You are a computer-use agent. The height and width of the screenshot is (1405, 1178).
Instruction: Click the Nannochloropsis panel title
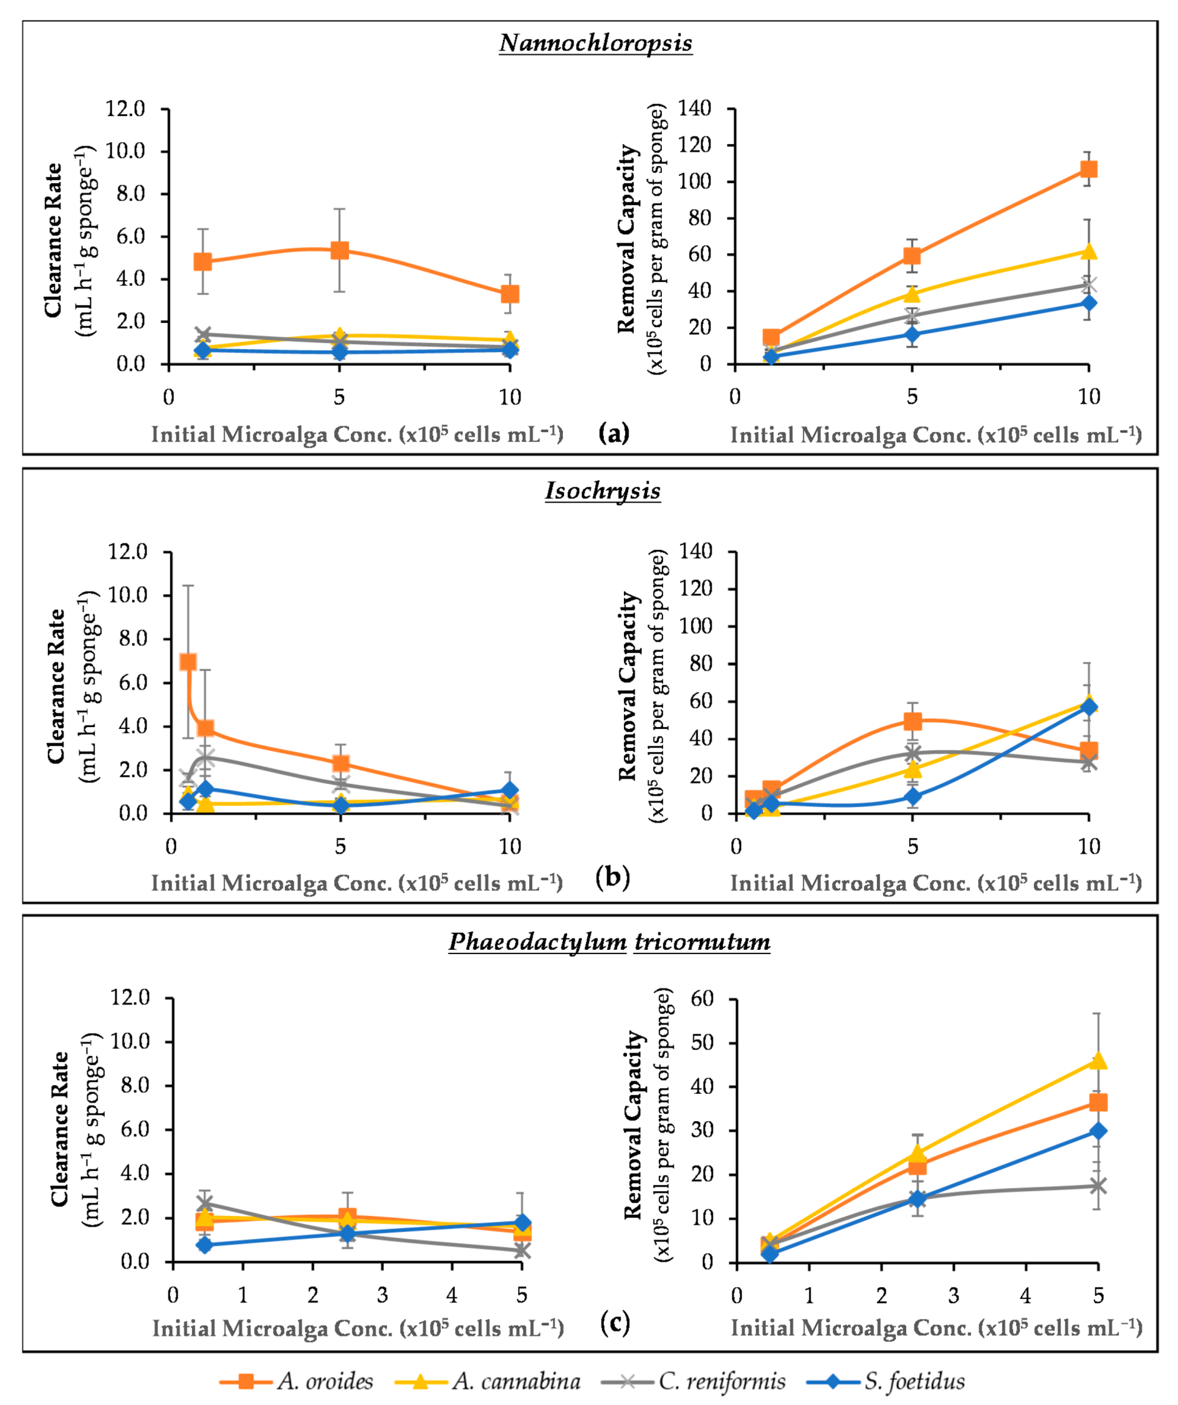[595, 44]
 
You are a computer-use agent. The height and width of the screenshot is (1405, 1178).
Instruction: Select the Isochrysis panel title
[602, 490]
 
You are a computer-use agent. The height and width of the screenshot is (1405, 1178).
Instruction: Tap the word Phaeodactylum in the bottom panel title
[537, 942]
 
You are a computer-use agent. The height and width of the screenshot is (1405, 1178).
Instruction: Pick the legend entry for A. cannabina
[515, 1380]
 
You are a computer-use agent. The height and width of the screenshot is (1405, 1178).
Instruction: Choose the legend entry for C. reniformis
[721, 1380]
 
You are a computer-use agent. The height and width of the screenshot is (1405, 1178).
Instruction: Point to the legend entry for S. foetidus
[914, 1380]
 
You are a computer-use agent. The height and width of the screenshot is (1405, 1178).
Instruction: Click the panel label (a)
[614, 433]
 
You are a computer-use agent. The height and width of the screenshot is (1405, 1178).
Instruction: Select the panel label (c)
[615, 1322]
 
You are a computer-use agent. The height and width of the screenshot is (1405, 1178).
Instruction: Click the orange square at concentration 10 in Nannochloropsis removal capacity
[1088, 169]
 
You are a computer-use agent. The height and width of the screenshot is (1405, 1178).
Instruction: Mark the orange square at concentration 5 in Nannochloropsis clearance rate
[340, 250]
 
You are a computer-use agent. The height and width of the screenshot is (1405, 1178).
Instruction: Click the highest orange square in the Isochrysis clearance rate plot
[188, 662]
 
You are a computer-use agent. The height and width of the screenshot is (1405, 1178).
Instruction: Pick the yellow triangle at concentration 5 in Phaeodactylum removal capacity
[1098, 1060]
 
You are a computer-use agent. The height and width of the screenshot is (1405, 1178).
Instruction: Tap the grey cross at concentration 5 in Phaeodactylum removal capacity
[1098, 1185]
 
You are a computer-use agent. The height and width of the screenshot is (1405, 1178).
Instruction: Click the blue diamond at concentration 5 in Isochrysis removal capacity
[912, 796]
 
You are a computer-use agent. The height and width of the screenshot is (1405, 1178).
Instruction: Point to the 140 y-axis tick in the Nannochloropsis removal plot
[694, 109]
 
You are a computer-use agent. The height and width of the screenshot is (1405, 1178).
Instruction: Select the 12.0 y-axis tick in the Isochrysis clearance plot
[128, 552]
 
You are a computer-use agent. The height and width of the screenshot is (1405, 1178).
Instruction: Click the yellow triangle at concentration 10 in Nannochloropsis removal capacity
[1088, 251]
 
